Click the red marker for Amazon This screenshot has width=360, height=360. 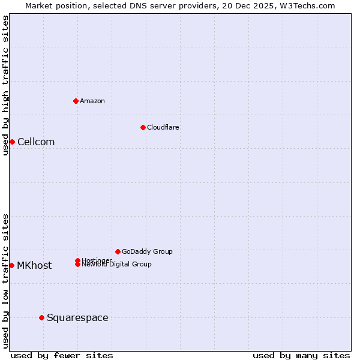(x=76, y=101)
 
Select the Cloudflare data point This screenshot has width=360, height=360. (x=143, y=127)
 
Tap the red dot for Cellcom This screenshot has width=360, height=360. (x=12, y=142)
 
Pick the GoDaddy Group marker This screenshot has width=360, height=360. (x=118, y=251)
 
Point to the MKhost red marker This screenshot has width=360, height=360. (x=11, y=265)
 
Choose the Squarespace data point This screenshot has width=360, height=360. (x=41, y=317)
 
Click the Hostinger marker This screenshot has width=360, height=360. (x=78, y=260)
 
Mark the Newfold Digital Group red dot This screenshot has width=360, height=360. (x=78, y=265)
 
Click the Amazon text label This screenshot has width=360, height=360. (x=92, y=101)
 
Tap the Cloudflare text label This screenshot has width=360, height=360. (x=163, y=127)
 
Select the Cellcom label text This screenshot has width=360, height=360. (x=36, y=142)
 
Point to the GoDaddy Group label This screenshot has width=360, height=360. (x=147, y=251)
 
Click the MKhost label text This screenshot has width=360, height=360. (x=34, y=266)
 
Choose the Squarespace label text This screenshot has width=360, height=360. (x=77, y=318)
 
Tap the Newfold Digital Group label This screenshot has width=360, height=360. (x=117, y=265)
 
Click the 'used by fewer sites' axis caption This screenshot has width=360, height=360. (x=62, y=355)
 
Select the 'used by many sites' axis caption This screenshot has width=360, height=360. (x=301, y=355)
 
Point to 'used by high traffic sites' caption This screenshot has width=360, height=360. (x=5, y=85)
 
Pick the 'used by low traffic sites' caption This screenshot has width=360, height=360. (x=5, y=281)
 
